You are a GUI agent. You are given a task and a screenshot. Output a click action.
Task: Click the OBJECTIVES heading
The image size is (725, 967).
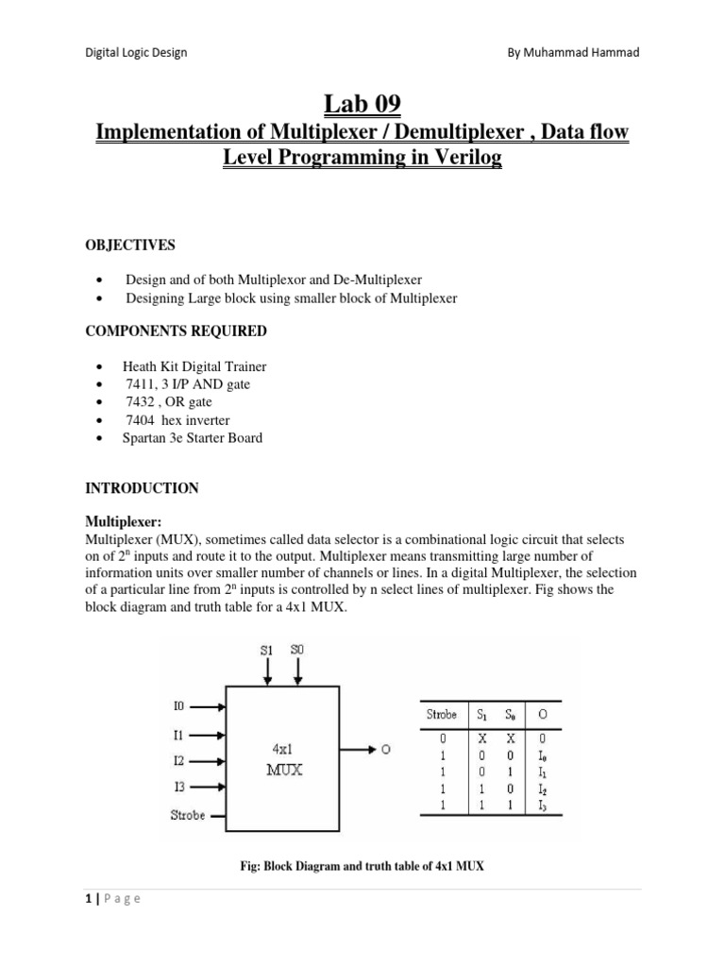[130, 246]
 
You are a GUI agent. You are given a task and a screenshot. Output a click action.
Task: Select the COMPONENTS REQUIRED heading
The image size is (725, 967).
[176, 331]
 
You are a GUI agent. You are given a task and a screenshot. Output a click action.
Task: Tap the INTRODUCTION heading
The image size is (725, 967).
[142, 488]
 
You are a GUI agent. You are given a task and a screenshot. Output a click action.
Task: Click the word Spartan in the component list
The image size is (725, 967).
[144, 438]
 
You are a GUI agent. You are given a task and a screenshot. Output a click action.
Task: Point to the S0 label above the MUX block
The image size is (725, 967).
[298, 651]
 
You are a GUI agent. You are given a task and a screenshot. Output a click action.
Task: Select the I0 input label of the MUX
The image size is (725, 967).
[179, 705]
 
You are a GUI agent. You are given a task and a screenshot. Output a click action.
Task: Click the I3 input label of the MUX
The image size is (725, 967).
[179, 786]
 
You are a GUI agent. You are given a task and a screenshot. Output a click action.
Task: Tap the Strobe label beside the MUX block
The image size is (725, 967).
[187, 814]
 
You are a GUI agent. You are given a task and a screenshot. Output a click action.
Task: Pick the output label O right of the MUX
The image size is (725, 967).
[386, 750]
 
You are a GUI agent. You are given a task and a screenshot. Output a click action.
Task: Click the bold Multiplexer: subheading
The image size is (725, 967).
[119, 521]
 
